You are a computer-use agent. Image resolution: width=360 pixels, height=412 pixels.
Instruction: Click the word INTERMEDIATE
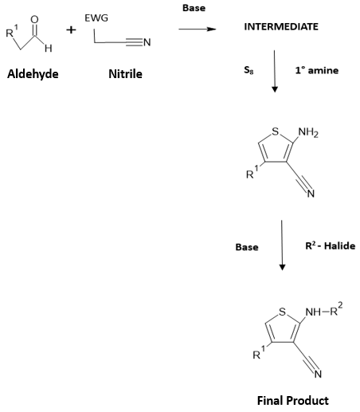(x=281, y=27)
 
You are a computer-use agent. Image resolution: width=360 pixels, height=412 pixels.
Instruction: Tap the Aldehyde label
(x=33, y=74)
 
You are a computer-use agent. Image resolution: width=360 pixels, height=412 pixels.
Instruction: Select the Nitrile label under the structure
(x=125, y=74)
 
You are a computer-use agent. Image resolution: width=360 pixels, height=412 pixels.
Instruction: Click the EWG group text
(x=96, y=18)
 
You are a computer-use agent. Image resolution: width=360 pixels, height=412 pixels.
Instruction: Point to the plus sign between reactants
(x=71, y=30)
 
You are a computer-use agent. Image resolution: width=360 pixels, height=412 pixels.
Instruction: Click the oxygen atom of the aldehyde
(x=34, y=19)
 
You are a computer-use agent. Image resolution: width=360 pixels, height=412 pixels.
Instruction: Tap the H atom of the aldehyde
(x=49, y=49)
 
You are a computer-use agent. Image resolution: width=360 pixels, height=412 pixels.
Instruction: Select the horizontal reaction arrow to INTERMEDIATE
(x=198, y=29)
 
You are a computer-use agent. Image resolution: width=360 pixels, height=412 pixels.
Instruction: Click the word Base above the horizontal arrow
(x=194, y=8)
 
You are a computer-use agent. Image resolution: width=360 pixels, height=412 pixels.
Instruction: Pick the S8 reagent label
(x=248, y=70)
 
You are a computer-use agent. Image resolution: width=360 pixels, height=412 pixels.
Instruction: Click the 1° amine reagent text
(x=317, y=70)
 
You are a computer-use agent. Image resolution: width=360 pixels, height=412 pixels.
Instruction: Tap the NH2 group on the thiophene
(x=308, y=132)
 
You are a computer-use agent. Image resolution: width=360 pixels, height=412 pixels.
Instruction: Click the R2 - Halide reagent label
(x=331, y=245)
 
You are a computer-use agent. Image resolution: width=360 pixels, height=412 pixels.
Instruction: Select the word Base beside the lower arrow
(x=247, y=247)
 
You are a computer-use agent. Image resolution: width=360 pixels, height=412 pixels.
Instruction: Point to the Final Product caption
(x=293, y=400)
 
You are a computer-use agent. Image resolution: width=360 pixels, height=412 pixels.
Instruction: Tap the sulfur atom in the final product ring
(x=283, y=312)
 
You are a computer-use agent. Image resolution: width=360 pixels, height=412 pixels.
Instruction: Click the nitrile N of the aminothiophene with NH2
(x=311, y=194)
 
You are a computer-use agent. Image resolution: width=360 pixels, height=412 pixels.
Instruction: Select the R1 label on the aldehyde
(x=12, y=31)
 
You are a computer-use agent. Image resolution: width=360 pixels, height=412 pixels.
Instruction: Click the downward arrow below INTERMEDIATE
(x=275, y=71)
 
